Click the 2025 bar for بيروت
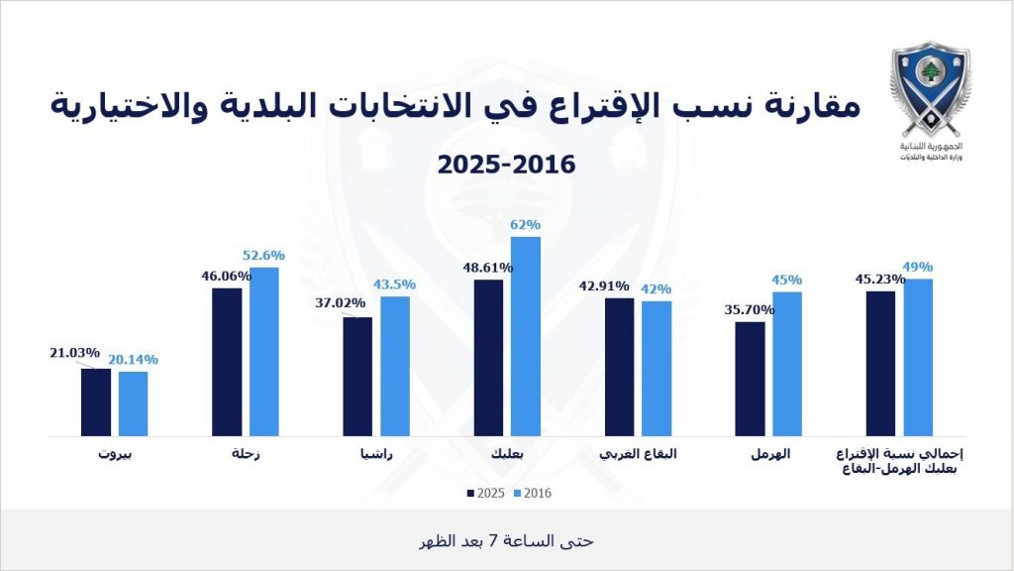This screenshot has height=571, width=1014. pyautogui.click(x=96, y=402)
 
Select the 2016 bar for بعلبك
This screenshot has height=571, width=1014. pyautogui.click(x=526, y=336)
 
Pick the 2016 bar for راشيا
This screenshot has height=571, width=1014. pyautogui.click(x=395, y=366)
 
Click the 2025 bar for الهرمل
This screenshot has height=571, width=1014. pyautogui.click(x=751, y=379)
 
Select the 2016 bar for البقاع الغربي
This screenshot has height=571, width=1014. pyautogui.click(x=657, y=368)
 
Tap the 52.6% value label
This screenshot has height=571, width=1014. pyautogui.click(x=263, y=256)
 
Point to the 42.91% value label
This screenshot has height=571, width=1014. pyautogui.click(x=602, y=286)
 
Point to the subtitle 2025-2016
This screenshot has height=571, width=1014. pyautogui.click(x=506, y=164)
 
